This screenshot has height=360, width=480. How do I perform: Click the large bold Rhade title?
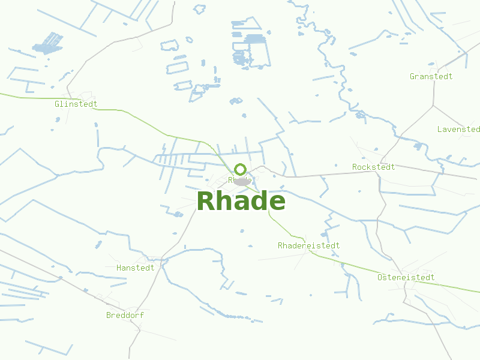(x=241, y=201)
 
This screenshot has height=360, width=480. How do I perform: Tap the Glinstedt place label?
(x=76, y=104)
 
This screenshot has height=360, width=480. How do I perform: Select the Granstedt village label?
(x=431, y=76)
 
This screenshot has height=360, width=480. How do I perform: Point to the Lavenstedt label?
(x=458, y=129)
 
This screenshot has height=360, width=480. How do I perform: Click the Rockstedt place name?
(x=373, y=167)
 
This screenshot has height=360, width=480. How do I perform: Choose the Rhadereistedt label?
(x=308, y=245)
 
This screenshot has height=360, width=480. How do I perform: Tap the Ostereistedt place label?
(x=406, y=277)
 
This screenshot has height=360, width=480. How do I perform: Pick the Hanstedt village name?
(x=135, y=268)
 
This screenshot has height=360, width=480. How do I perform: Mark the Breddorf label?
(x=125, y=315)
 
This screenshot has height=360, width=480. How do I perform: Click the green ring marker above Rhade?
(x=241, y=169)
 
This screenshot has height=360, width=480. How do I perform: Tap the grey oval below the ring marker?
(x=242, y=182)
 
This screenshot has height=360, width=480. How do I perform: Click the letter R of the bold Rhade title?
(x=206, y=201)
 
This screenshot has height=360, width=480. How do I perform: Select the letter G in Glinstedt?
(x=57, y=104)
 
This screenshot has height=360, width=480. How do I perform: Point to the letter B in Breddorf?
(x=109, y=315)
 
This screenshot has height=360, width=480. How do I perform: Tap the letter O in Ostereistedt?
(x=380, y=277)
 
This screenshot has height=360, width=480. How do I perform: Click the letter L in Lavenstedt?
(x=440, y=129)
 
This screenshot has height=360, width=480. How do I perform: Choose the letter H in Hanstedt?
(x=119, y=268)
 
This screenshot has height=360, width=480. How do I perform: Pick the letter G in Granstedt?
(x=412, y=76)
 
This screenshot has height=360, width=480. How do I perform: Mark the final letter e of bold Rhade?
(x=277, y=202)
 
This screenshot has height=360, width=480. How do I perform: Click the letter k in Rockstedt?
(x=368, y=167)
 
